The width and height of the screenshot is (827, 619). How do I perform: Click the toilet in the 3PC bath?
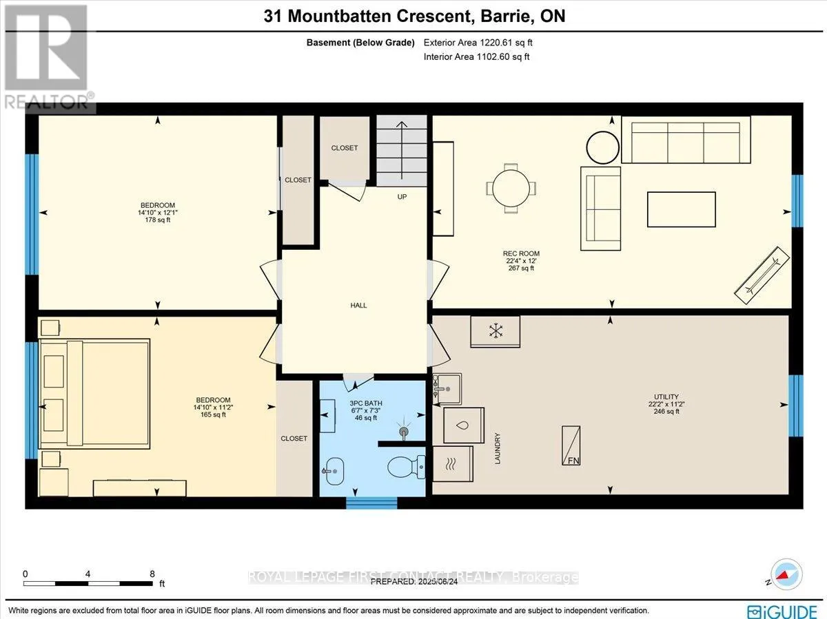(406, 467)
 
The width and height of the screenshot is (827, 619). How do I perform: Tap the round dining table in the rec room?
(511, 188)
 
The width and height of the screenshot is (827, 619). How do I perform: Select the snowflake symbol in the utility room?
(496, 331)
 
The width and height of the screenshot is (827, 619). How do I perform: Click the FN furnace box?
(571, 445)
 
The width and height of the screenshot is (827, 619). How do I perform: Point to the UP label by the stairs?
(402, 197)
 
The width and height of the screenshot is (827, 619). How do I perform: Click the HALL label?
(358, 306)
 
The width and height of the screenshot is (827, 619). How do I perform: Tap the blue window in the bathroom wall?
(371, 503)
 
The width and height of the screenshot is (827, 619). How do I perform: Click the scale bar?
(88, 584)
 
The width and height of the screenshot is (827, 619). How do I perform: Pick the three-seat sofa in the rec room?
(686, 140)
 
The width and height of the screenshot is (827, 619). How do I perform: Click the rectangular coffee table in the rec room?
(681, 209)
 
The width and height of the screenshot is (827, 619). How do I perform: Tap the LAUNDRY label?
(498, 448)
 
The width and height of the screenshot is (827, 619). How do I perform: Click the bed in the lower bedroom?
(94, 394)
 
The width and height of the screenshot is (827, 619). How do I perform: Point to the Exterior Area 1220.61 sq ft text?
(478, 43)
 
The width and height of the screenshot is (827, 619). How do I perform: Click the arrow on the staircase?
(402, 150)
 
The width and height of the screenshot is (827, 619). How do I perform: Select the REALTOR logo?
(47, 57)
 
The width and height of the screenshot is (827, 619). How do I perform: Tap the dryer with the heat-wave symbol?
(453, 463)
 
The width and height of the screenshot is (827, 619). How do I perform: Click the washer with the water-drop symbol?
(463, 426)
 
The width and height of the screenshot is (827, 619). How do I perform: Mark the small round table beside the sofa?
(602, 147)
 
